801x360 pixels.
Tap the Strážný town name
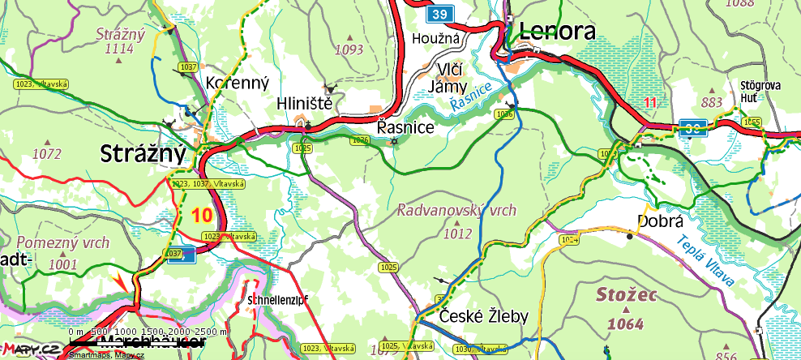point(143,153)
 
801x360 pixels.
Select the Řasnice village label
point(406,127)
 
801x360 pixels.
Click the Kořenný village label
point(232,82)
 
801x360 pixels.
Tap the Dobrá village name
point(662,221)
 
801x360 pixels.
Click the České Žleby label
point(484,315)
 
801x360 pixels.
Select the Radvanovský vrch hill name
point(456,210)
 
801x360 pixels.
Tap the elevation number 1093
point(349,49)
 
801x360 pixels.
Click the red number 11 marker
point(649,102)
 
